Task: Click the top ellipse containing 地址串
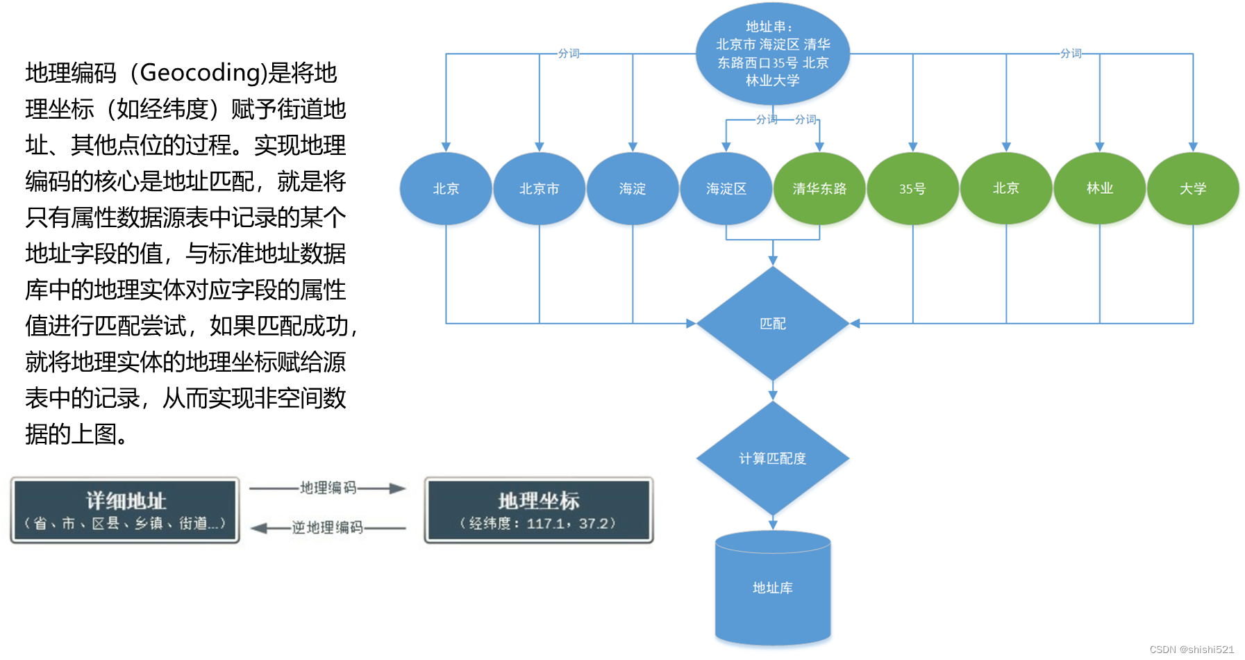pyautogui.click(x=772, y=54)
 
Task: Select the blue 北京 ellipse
pyautogui.click(x=446, y=188)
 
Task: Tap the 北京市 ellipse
pyautogui.click(x=539, y=188)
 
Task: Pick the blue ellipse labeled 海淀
pyautogui.click(x=632, y=188)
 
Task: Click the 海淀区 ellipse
pyautogui.click(x=726, y=188)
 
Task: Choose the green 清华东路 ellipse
pyautogui.click(x=819, y=188)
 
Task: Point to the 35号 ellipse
pyautogui.click(x=912, y=188)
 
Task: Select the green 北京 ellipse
pyautogui.click(x=1005, y=188)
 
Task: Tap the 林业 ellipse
pyautogui.click(x=1099, y=188)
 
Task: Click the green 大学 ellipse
pyautogui.click(x=1192, y=188)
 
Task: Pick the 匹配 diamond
pyautogui.click(x=772, y=323)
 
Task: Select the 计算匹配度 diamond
pyautogui.click(x=772, y=458)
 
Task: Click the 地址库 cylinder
pyautogui.click(x=772, y=588)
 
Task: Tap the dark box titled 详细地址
pyautogui.click(x=125, y=510)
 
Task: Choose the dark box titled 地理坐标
pyautogui.click(x=538, y=510)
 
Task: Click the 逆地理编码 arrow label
pyautogui.click(x=327, y=527)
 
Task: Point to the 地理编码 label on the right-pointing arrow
pyautogui.click(x=328, y=488)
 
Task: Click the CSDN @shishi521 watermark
pyautogui.click(x=1192, y=650)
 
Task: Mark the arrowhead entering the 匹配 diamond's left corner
pyautogui.click(x=691, y=323)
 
